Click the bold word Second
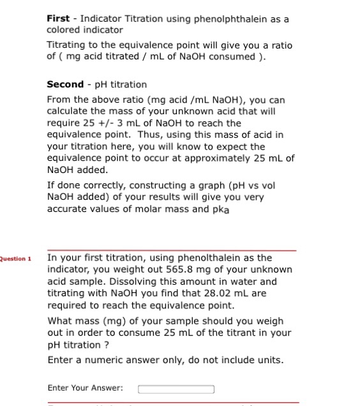pos(65,84)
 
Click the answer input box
pos(176,388)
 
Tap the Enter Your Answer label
pos(86,388)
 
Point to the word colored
pos(63,30)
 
